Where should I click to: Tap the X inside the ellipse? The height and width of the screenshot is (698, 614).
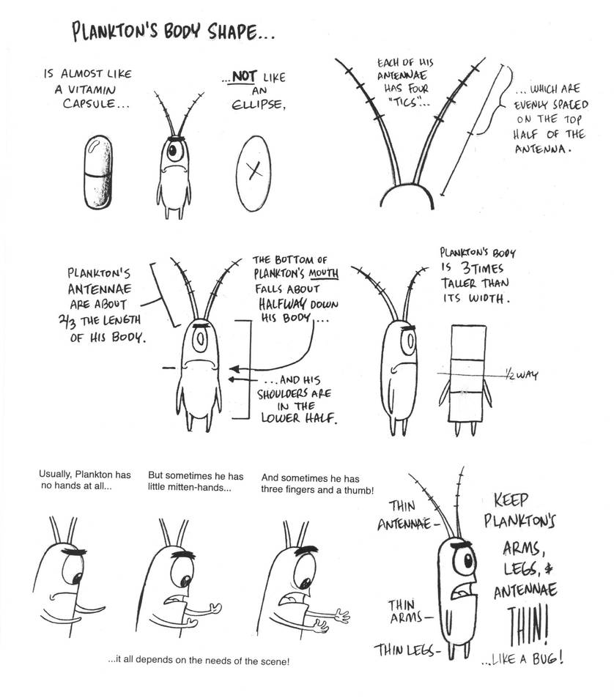[x=253, y=170]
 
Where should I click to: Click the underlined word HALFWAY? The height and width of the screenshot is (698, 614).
[x=282, y=303]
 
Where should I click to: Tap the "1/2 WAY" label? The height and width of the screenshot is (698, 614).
[x=521, y=375]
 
